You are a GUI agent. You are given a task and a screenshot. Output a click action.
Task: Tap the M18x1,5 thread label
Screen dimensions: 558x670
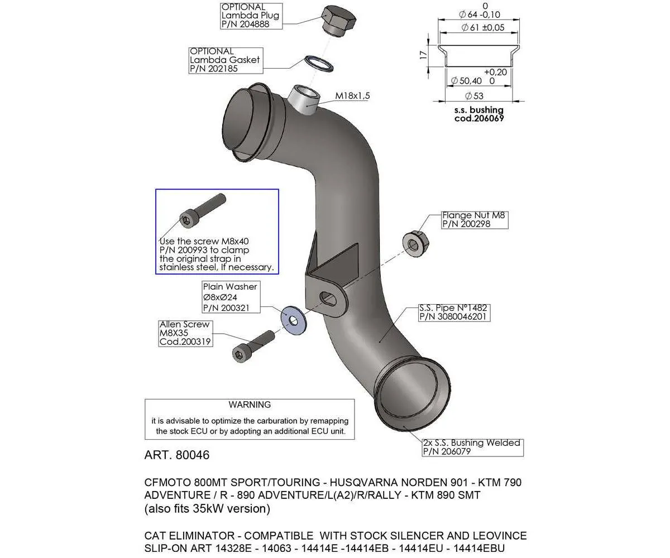tap(352, 96)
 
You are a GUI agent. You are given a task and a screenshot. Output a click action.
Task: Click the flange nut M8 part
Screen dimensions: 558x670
tap(414, 244)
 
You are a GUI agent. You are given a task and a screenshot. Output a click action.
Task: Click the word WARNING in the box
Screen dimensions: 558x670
tap(250, 405)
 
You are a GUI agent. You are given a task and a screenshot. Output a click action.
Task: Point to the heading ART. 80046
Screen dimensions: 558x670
tap(177, 455)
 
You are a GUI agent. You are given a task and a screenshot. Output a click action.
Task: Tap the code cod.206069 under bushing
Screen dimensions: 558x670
tap(478, 118)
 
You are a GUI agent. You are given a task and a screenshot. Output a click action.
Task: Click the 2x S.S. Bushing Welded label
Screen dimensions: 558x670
tap(471, 442)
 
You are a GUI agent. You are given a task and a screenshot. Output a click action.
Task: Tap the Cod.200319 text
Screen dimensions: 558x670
tap(185, 341)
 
